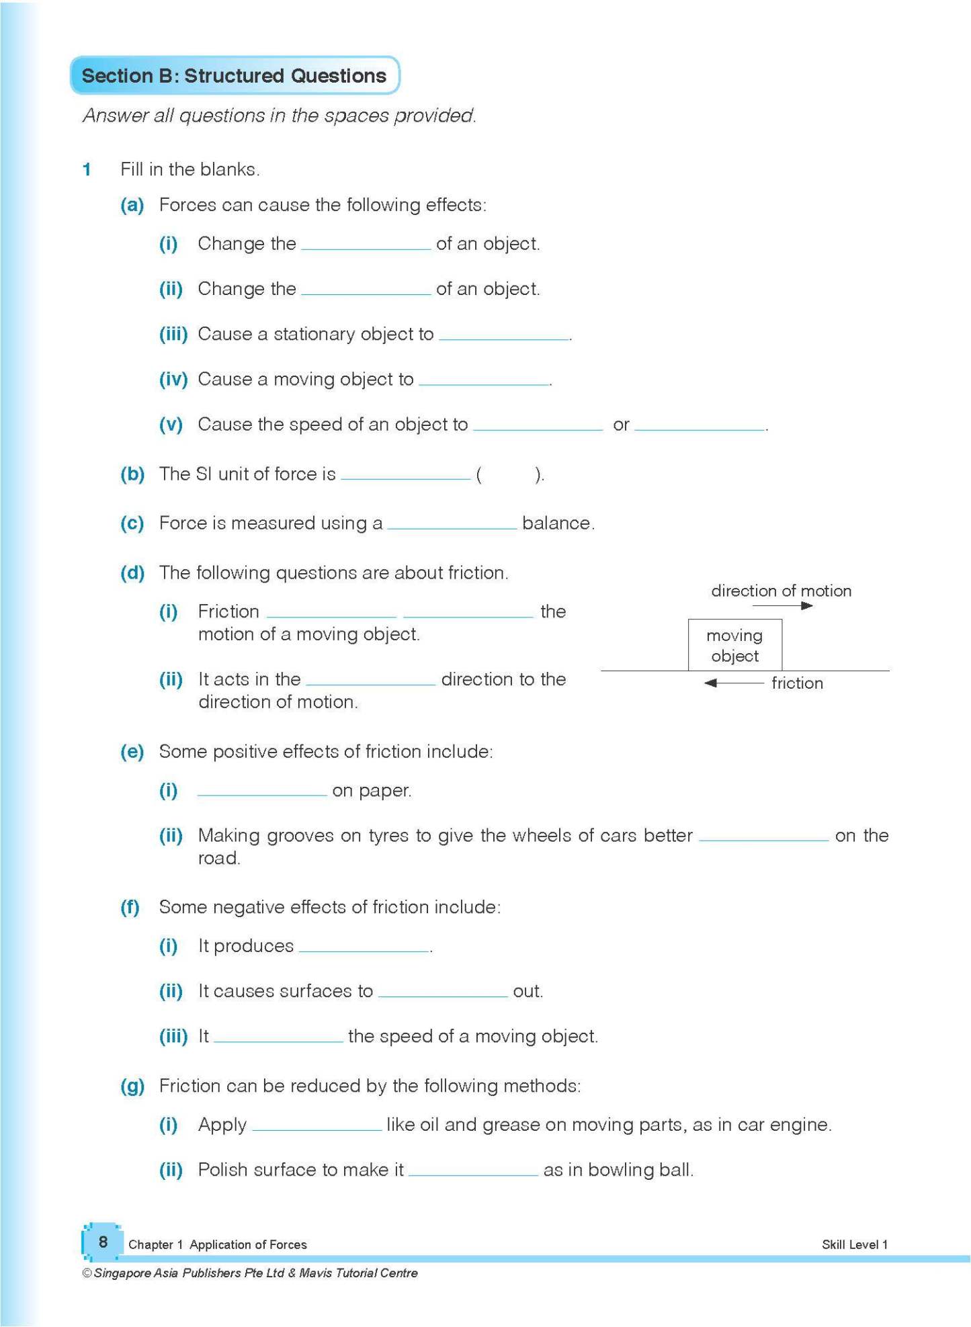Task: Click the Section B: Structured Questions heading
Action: point(234,76)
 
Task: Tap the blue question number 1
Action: point(87,169)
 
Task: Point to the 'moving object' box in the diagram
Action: point(734,646)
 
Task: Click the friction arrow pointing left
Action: point(733,683)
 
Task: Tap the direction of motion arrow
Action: point(782,606)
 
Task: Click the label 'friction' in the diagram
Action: point(797,683)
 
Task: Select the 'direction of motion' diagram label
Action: point(781,591)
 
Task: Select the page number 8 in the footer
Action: point(103,1242)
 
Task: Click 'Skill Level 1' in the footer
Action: point(854,1245)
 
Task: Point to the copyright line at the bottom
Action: point(250,1273)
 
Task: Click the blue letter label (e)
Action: point(132,752)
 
